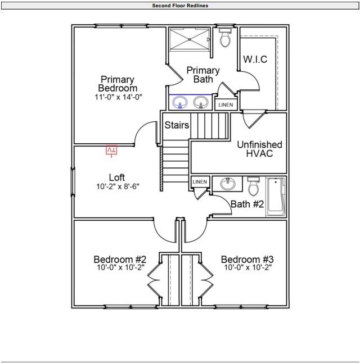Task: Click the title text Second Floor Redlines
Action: point(179,5)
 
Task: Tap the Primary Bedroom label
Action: point(118,84)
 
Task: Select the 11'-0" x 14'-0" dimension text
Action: point(118,97)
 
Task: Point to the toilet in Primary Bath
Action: point(226,39)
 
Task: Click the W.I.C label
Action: point(255,60)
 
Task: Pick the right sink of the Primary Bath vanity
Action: point(201,102)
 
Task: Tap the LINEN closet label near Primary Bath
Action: point(226,105)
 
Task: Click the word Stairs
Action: point(177,125)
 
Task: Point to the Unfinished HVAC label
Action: point(259,149)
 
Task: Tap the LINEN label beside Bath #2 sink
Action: point(200,182)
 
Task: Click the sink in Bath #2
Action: point(228,184)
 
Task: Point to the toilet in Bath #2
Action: point(253,185)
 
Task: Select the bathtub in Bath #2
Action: point(276,197)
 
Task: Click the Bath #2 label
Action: point(247,204)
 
